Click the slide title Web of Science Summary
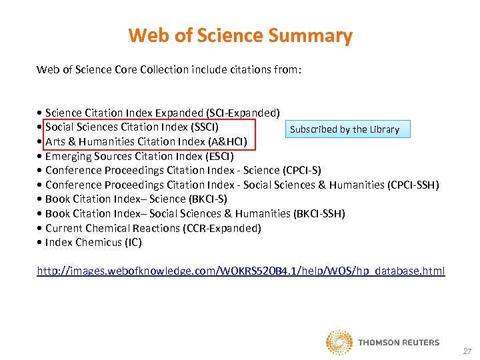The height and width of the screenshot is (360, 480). [x=240, y=35]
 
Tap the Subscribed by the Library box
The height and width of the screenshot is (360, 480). [x=345, y=129]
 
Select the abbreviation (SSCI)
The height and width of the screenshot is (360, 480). [x=203, y=127]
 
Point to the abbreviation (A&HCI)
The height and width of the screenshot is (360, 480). [x=227, y=141]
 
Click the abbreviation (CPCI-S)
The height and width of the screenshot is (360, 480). [x=302, y=170]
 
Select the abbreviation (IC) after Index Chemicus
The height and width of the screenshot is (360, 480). [x=133, y=242]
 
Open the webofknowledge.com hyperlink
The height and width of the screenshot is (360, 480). [x=241, y=271]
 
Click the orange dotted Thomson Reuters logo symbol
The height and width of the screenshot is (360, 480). [x=339, y=342]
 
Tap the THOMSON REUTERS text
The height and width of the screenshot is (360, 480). [x=399, y=343]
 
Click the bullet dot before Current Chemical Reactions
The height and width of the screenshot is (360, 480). [x=41, y=228]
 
